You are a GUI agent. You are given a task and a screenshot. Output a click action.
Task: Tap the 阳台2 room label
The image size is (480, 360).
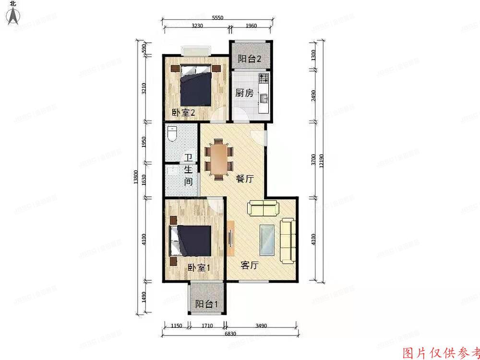click(250, 59)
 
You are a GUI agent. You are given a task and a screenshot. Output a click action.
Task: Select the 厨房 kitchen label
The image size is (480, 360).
click(244, 93)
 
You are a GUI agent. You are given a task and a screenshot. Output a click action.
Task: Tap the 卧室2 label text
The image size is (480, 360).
click(183, 113)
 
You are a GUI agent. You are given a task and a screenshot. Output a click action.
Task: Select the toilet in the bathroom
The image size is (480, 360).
click(172, 134)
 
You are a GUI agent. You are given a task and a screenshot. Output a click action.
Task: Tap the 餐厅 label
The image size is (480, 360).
click(244, 179)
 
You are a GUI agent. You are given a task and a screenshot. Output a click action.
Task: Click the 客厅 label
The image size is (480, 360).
click(250, 264)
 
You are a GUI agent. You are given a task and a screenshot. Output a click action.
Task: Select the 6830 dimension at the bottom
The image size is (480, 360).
click(231, 335)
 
